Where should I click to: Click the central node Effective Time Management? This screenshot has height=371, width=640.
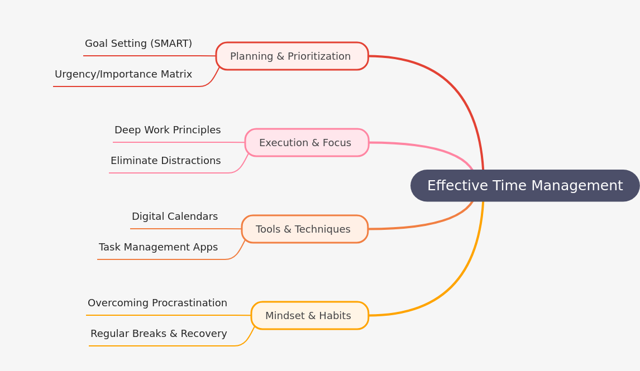point(525,186)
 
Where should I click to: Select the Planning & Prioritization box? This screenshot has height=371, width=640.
point(292,56)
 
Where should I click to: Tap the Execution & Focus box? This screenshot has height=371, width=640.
point(306,143)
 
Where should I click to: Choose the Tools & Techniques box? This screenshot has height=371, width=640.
point(304,229)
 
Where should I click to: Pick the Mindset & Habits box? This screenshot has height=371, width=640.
point(309,316)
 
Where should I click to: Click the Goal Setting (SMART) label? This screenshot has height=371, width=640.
point(138,44)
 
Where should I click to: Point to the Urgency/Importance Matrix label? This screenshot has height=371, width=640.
point(123,74)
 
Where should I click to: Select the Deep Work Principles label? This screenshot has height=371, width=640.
point(168,130)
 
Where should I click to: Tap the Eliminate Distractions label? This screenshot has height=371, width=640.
point(165,161)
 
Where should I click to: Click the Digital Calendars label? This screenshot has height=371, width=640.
point(175,216)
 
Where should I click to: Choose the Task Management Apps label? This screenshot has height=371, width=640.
point(158,247)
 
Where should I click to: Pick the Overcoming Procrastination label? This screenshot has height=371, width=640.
point(157,303)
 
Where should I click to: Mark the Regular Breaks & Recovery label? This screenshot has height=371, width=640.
point(159,334)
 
